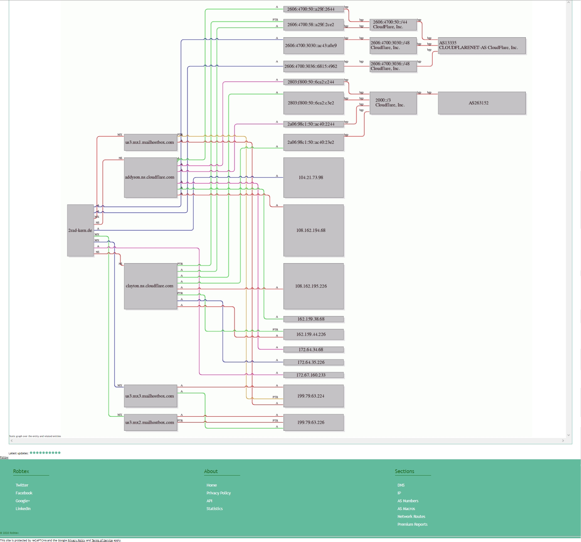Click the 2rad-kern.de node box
click(80, 230)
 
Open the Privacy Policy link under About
click(219, 493)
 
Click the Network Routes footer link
click(411, 516)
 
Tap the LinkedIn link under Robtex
click(23, 508)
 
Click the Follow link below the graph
click(4, 457)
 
